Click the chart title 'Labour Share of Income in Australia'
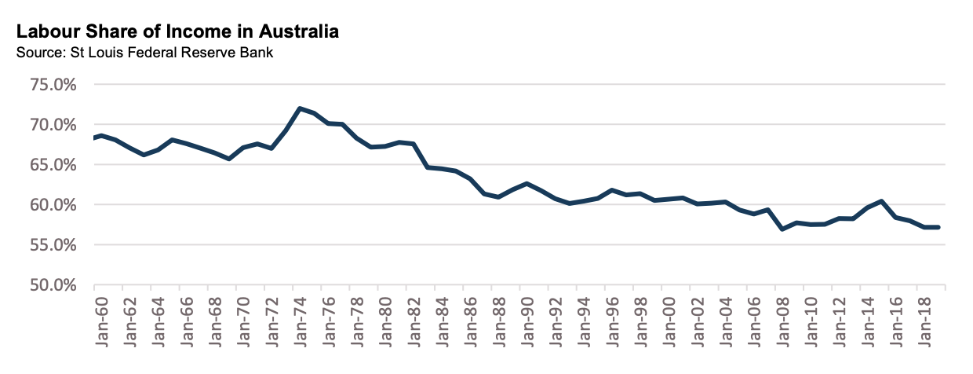(x=177, y=32)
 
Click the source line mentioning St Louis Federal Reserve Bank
(x=144, y=53)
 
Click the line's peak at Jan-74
(x=300, y=108)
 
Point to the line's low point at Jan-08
(x=782, y=229)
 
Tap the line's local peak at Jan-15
(x=882, y=201)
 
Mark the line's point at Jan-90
(x=527, y=183)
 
